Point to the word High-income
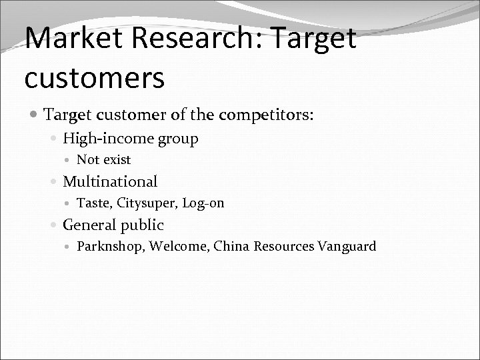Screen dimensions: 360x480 click(x=109, y=139)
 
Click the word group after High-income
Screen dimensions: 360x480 click(x=179, y=139)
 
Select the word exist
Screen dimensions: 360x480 click(x=116, y=160)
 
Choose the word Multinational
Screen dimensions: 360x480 click(x=110, y=181)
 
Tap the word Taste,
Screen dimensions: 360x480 click(x=93, y=203)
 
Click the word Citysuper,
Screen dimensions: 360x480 click(x=144, y=203)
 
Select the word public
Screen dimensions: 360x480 click(x=142, y=225)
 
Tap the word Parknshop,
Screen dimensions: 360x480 click(x=111, y=247)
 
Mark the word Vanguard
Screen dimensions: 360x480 click(x=347, y=247)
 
